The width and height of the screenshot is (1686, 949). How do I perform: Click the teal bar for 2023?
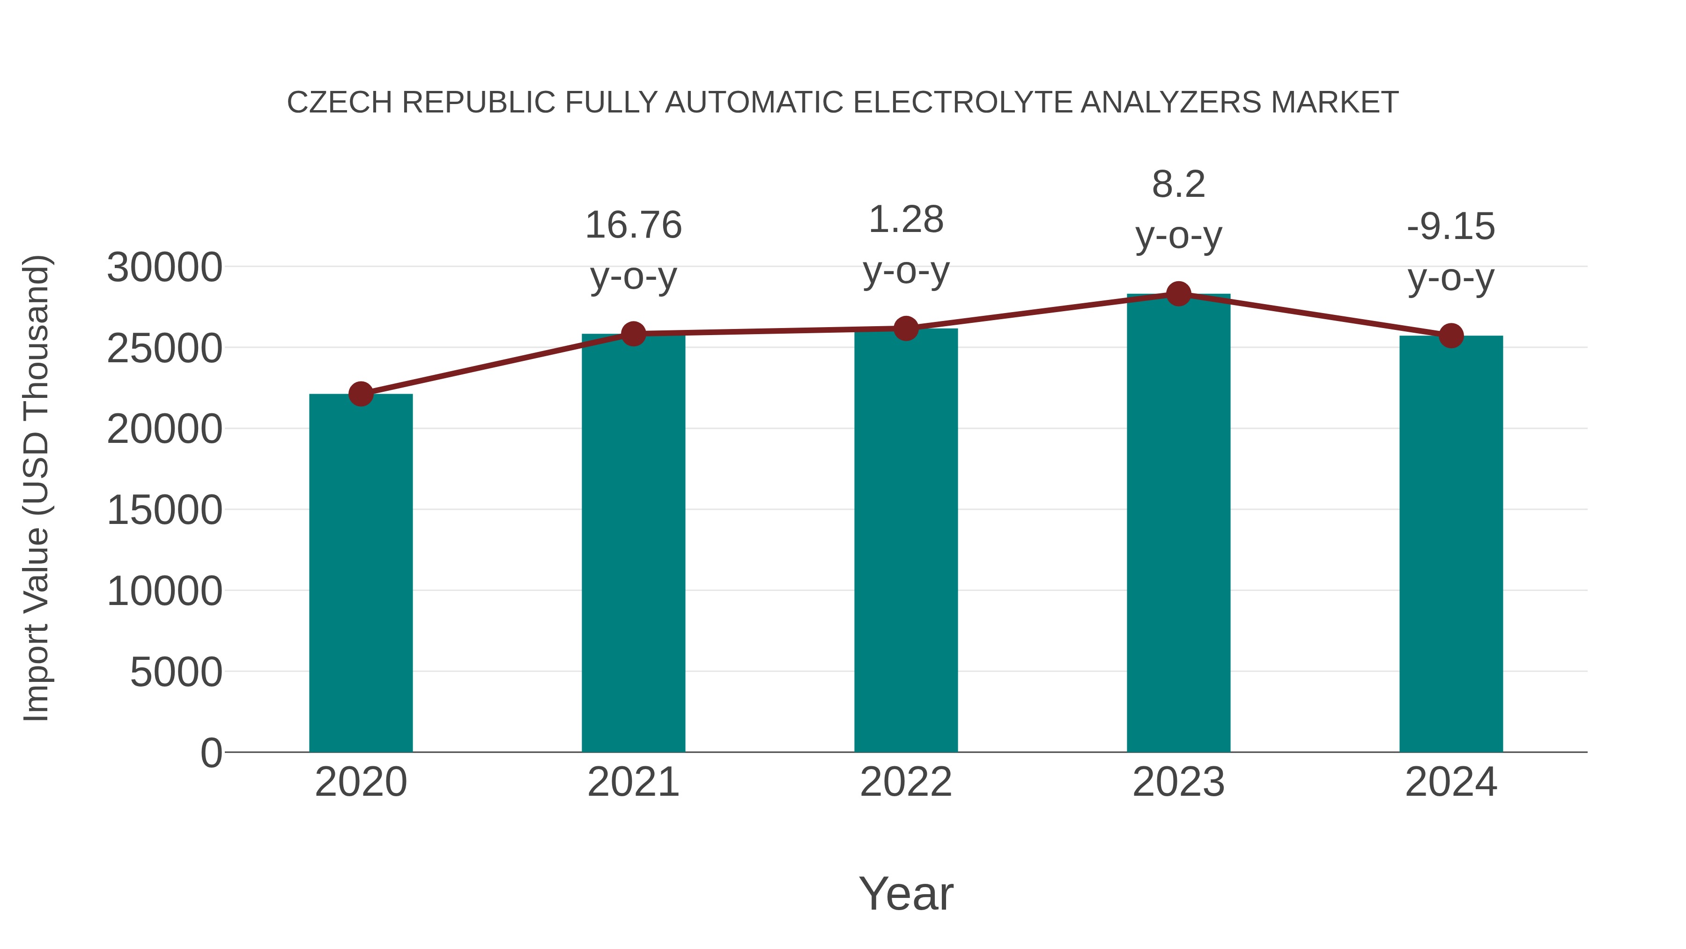[x=1178, y=524]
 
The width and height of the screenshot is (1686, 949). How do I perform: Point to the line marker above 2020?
[x=361, y=394]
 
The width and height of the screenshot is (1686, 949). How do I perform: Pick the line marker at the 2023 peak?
[x=1178, y=294]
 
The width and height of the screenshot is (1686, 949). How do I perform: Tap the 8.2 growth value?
[x=1178, y=185]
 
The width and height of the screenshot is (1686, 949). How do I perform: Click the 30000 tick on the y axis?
[x=164, y=268]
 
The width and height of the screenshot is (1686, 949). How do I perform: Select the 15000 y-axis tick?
[x=164, y=511]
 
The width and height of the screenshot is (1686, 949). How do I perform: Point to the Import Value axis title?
[x=36, y=488]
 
